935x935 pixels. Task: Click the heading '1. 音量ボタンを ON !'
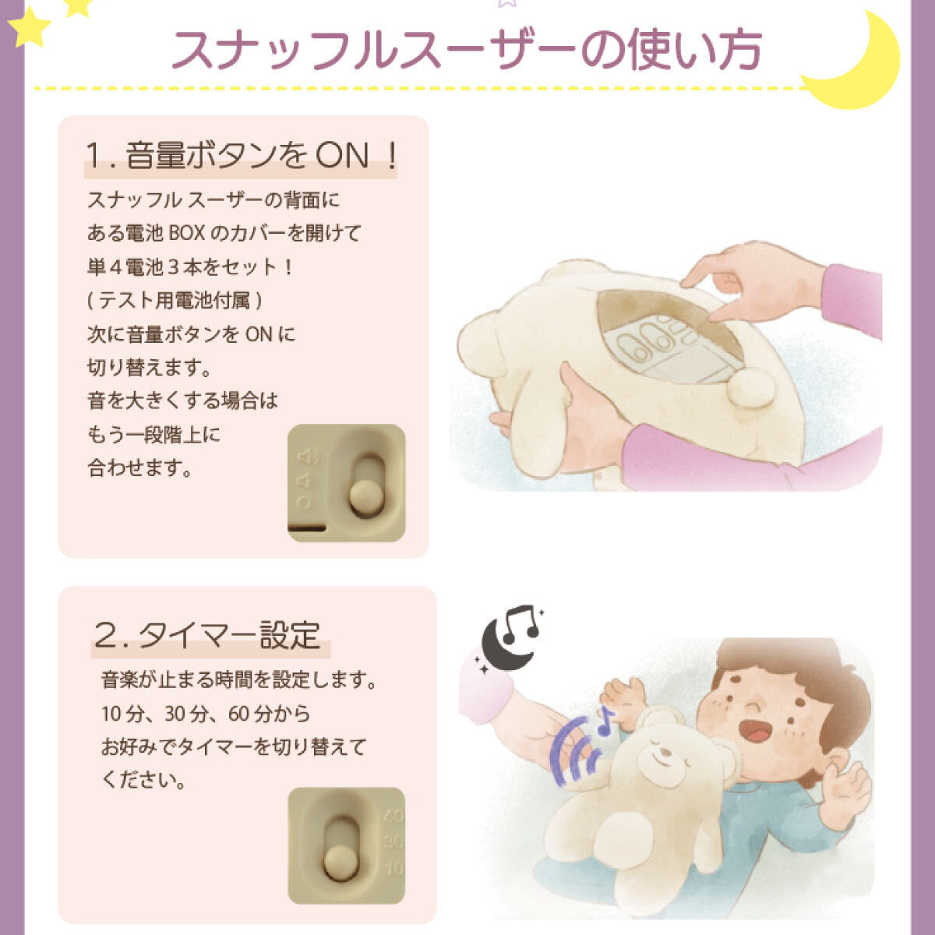click(241, 157)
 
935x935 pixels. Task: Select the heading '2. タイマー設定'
click(207, 635)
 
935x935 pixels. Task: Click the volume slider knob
click(365, 499)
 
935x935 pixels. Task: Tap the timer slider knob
click(340, 864)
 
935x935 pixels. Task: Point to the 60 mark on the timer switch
click(393, 816)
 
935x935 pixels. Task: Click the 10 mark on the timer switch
click(393, 868)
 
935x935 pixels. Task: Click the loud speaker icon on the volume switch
click(309, 456)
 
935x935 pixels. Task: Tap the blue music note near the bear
click(606, 721)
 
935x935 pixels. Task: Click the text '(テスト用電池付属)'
click(175, 301)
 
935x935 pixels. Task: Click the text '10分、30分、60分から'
click(206, 714)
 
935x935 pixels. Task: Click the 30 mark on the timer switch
click(393, 841)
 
